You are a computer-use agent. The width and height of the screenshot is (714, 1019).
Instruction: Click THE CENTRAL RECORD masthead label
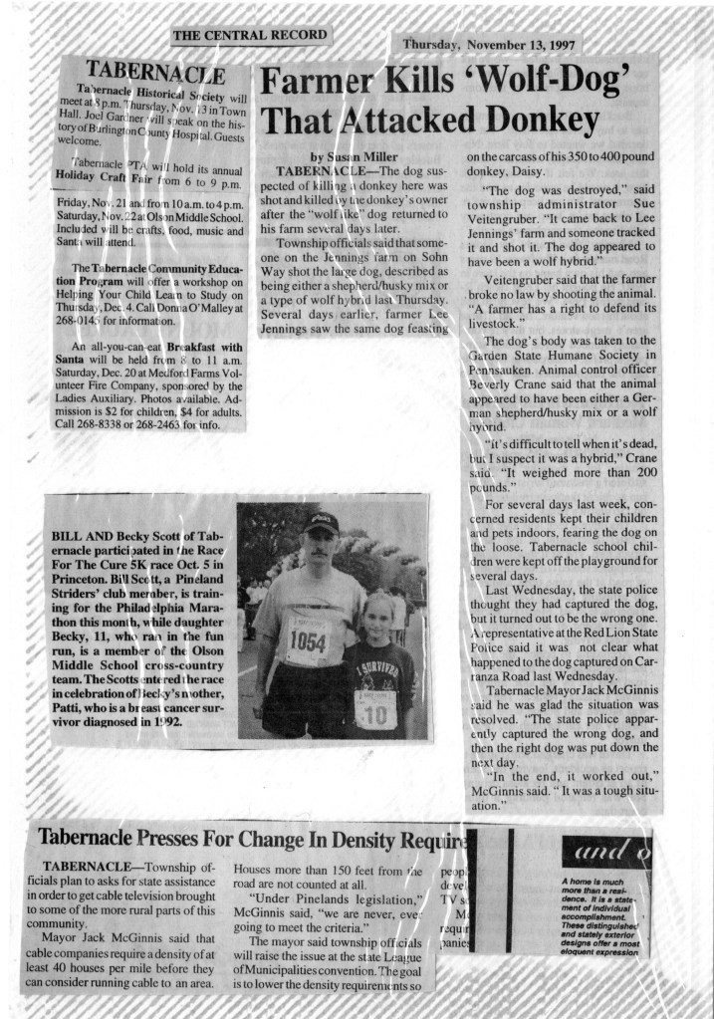point(250,36)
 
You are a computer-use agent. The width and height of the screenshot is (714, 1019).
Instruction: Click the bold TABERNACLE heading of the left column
point(154,70)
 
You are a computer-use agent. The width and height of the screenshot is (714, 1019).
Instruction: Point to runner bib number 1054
point(308,641)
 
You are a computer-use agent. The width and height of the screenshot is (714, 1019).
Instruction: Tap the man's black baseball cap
point(322,522)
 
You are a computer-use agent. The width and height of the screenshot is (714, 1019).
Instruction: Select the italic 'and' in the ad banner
point(589,853)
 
